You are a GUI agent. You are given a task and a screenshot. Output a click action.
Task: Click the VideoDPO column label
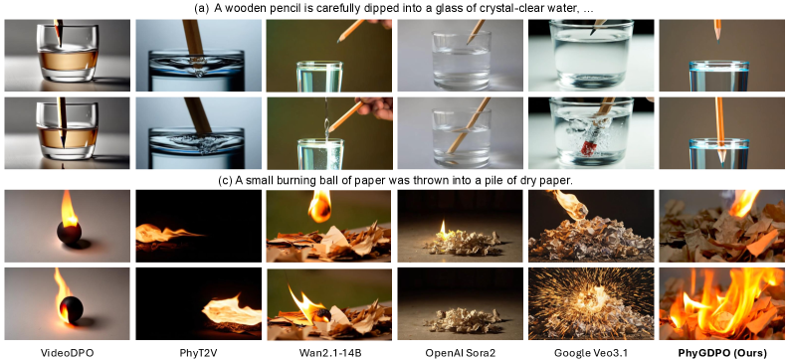pyautogui.click(x=68, y=352)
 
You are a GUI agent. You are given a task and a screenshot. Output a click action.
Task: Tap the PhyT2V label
pyautogui.click(x=198, y=352)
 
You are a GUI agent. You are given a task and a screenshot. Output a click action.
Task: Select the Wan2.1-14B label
pyautogui.click(x=330, y=352)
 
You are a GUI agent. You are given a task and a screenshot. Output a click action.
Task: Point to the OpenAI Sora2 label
pyautogui.click(x=460, y=352)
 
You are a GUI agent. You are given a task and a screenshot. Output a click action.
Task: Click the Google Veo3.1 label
pyautogui.click(x=591, y=352)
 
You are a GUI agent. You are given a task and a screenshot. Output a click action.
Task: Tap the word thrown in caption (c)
pyautogui.click(x=442, y=180)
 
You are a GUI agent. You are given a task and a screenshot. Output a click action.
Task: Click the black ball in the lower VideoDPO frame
pyautogui.click(x=72, y=308)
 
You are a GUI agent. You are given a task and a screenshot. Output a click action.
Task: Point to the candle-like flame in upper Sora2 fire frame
pyautogui.click(x=444, y=231)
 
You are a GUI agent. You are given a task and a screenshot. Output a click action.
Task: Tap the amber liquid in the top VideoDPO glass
pyautogui.click(x=68, y=60)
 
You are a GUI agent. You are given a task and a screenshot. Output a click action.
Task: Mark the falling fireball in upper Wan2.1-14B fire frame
pyautogui.click(x=320, y=206)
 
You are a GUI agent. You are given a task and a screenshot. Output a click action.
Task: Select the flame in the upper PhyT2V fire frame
pyautogui.click(x=165, y=233)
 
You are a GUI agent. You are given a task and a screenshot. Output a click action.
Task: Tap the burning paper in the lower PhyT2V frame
pyautogui.click(x=232, y=309)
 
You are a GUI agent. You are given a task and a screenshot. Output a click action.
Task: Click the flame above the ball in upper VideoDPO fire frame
pyautogui.click(x=69, y=210)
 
